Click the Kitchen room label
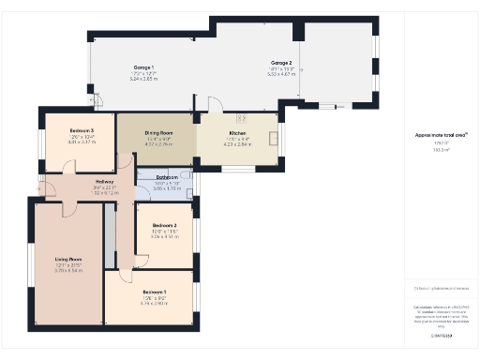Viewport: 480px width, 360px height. pyautogui.click(x=236, y=134)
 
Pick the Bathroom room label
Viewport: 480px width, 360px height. pyautogui.click(x=167, y=176)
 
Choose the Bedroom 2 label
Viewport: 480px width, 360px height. pyautogui.click(x=164, y=225)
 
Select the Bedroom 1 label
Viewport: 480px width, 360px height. pyautogui.click(x=153, y=292)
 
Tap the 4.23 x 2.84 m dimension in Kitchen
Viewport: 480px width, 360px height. pyautogui.click(x=236, y=145)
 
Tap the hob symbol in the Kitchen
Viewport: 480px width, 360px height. pyautogui.click(x=274, y=138)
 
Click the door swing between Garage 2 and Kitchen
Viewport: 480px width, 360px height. pyautogui.click(x=215, y=105)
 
